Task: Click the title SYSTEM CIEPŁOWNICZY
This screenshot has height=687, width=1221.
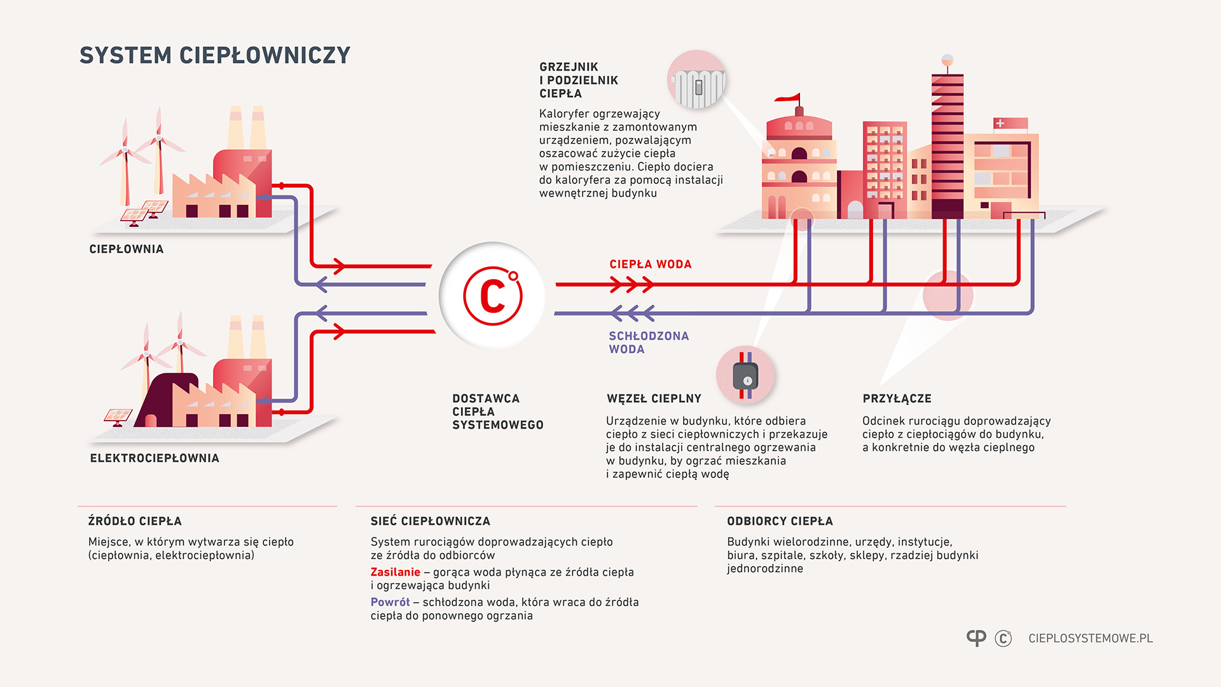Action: point(215,55)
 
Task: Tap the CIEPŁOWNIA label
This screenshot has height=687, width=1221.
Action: point(127,249)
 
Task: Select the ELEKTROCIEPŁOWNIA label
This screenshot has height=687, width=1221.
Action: point(155,458)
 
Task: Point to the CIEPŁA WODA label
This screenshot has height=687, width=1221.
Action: point(650,264)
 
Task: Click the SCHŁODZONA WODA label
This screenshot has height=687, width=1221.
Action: point(648,342)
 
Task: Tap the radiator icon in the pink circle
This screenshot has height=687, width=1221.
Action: point(698,83)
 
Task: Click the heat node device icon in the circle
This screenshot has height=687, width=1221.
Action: point(745,375)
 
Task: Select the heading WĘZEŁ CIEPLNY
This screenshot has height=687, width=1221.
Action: point(654,399)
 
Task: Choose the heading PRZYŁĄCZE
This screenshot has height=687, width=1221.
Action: point(897,399)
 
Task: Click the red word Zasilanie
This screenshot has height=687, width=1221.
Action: point(395,572)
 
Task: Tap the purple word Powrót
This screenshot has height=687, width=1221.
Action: point(390,602)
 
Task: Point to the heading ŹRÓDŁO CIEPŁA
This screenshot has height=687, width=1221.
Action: point(135,521)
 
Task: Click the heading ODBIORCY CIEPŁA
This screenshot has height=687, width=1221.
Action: point(780,521)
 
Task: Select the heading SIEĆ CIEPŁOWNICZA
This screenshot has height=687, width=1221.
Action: point(431,521)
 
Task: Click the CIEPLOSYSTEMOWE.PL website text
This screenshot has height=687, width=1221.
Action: point(1090,638)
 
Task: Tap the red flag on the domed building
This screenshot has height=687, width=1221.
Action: point(789,98)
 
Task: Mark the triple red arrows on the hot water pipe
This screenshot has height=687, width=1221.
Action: point(631,284)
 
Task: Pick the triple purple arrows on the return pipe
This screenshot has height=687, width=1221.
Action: point(632,313)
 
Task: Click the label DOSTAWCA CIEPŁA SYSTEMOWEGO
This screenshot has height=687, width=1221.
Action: point(497,412)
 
